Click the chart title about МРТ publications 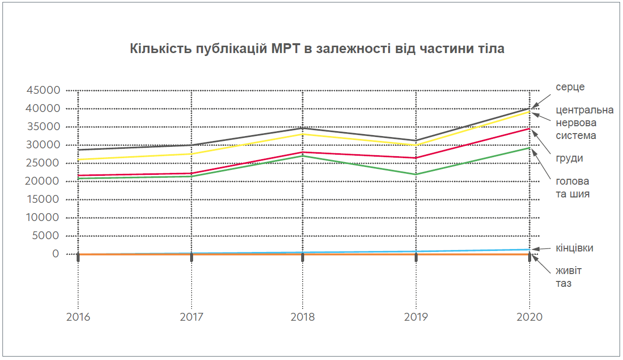(x=317, y=49)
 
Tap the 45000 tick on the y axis (x=43, y=90)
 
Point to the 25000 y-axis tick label (x=43, y=163)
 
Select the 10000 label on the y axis (x=43, y=218)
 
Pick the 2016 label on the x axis (x=78, y=317)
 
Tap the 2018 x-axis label (x=303, y=317)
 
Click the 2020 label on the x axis (x=529, y=317)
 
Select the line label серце (x=570, y=87)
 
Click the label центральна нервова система (x=584, y=122)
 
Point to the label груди (x=569, y=159)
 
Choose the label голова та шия (x=572, y=188)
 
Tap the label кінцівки (x=574, y=248)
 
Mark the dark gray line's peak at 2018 (x=303, y=128)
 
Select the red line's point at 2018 (x=303, y=152)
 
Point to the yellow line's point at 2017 (x=191, y=154)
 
